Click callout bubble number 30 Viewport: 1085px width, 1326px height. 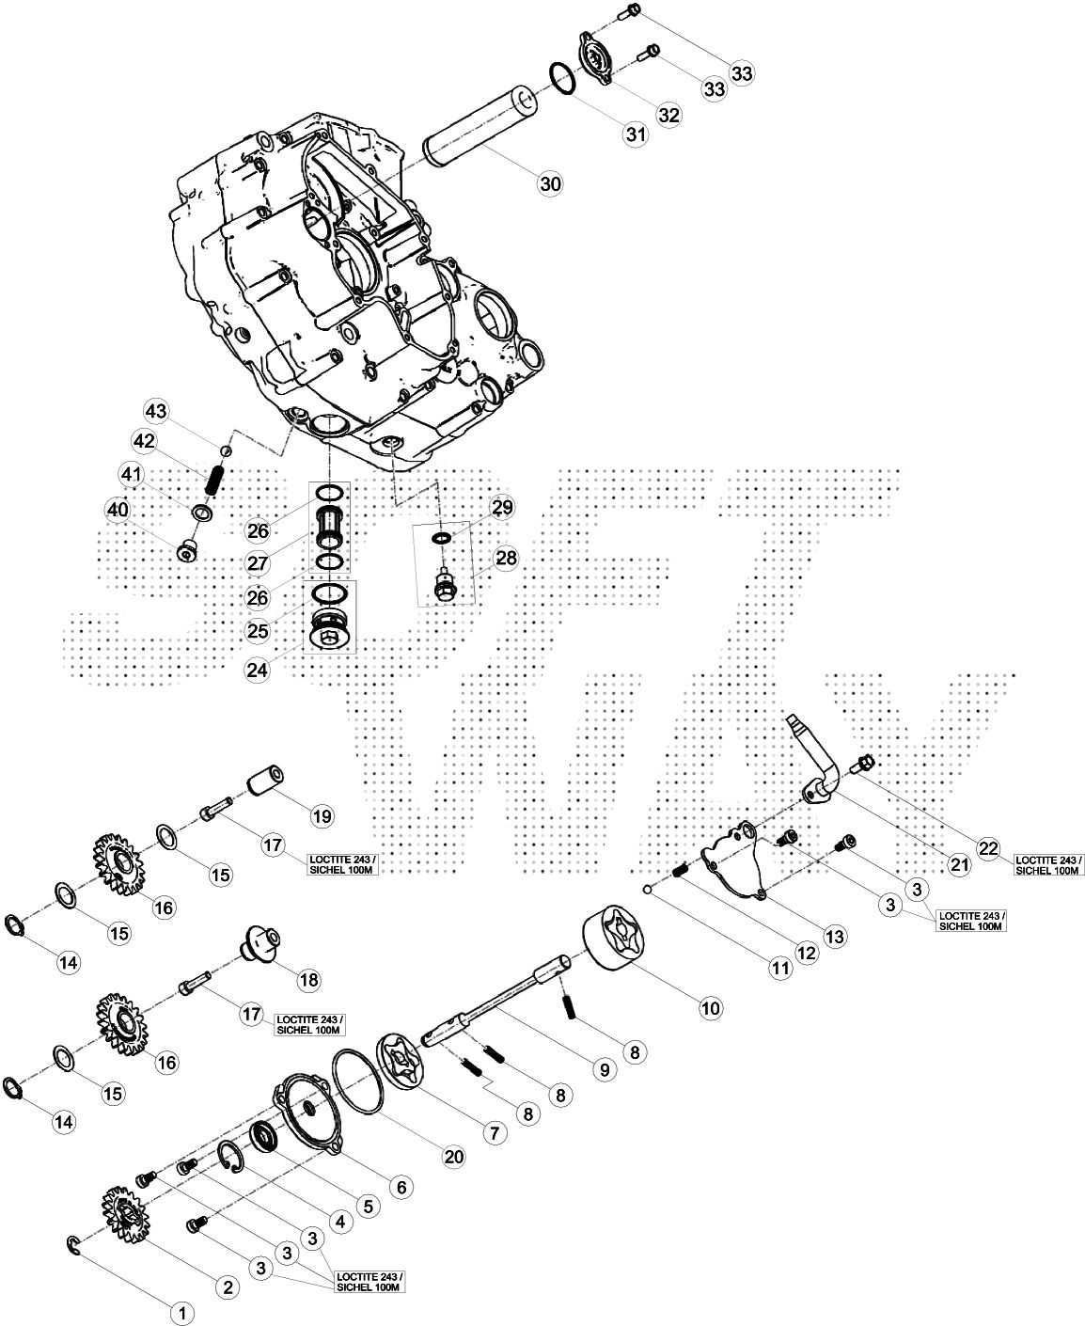pos(550,184)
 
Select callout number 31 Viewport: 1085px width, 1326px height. pos(637,134)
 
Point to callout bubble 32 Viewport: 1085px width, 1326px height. pos(668,115)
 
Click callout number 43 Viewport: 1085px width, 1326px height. pos(156,412)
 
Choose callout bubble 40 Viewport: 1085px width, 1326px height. pos(118,510)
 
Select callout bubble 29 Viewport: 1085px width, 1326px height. pos(502,508)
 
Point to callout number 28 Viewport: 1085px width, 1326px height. pos(506,559)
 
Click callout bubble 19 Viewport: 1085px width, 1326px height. pos(322,816)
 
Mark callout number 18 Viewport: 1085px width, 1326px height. pos(307,979)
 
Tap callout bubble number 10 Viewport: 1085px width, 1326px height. pos(710,1008)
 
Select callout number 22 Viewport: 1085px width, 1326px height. pos(988,848)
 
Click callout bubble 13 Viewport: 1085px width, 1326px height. pos(835,937)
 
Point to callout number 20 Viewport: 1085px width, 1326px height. pos(454,1159)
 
